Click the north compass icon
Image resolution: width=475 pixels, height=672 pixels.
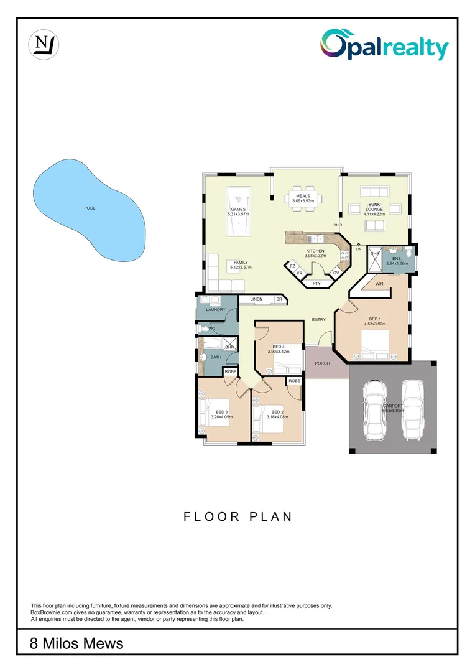pyautogui.click(x=44, y=45)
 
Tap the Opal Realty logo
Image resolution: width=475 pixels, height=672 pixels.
pyautogui.click(x=384, y=46)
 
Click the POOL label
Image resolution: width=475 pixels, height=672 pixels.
pyautogui.click(x=90, y=208)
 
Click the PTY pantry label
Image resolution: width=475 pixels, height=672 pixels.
pyautogui.click(x=316, y=284)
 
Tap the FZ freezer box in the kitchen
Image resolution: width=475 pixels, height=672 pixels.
pyautogui.click(x=292, y=266)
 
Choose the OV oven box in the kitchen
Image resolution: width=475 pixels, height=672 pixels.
pyautogui.click(x=336, y=273)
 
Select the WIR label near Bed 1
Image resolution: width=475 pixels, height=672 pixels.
pyautogui.click(x=379, y=284)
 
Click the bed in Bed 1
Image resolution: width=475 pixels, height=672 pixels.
pyautogui.click(x=376, y=344)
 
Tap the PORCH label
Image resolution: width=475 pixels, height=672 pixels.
pyautogui.click(x=322, y=363)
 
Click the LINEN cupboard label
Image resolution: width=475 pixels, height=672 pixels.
pyautogui.click(x=256, y=299)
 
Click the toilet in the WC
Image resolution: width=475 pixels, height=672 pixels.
pyautogui.click(x=205, y=327)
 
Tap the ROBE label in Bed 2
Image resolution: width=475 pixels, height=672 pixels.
pyautogui.click(x=294, y=380)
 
